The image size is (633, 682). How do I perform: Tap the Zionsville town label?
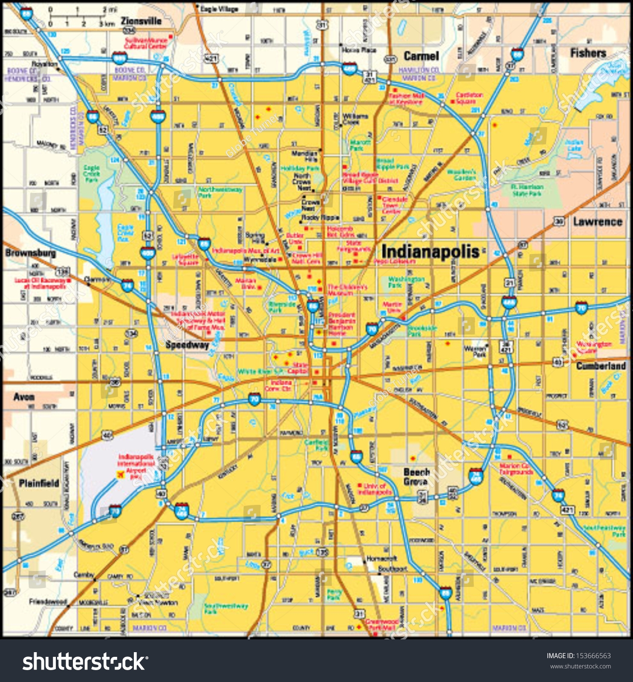coord(141,21)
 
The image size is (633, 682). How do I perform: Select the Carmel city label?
coord(421,56)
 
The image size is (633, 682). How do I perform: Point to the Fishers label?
coord(588,53)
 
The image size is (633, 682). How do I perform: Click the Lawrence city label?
coord(597,222)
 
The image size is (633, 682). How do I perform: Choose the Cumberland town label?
coord(601,366)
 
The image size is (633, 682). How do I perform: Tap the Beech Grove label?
coord(416,477)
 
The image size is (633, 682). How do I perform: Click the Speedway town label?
coord(187,345)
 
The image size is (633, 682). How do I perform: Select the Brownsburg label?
coord(30,253)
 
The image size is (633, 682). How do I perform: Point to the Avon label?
coord(24,397)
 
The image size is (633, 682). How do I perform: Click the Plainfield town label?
coord(39,483)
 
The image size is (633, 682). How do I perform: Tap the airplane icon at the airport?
coord(120,474)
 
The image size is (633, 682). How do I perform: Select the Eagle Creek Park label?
coord(92,174)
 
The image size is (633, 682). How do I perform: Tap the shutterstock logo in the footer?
coord(85,662)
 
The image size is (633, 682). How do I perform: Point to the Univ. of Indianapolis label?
coord(374,489)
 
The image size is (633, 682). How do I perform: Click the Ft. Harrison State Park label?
coord(527,190)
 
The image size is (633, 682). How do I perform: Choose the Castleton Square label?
coord(469,98)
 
